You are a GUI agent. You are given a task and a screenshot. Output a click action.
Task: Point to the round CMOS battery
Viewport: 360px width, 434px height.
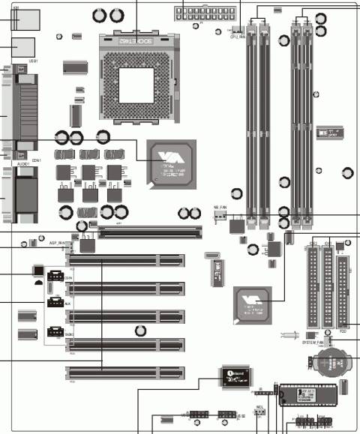(x=328, y=363)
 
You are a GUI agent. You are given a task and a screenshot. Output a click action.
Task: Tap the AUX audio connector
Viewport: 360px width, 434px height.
(x=55, y=304)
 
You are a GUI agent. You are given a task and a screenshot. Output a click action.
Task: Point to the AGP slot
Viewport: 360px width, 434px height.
(x=150, y=234)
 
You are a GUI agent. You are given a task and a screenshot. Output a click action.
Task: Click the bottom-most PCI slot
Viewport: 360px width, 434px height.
(x=124, y=371)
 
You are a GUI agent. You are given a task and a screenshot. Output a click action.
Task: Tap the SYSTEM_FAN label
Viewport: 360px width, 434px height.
(x=313, y=342)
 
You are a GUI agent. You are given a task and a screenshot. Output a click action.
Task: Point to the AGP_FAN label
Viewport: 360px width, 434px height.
(x=58, y=244)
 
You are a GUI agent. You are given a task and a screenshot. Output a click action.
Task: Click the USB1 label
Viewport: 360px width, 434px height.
(x=33, y=61)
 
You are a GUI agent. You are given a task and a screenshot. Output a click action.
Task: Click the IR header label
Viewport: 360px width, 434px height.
(x=259, y=390)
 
